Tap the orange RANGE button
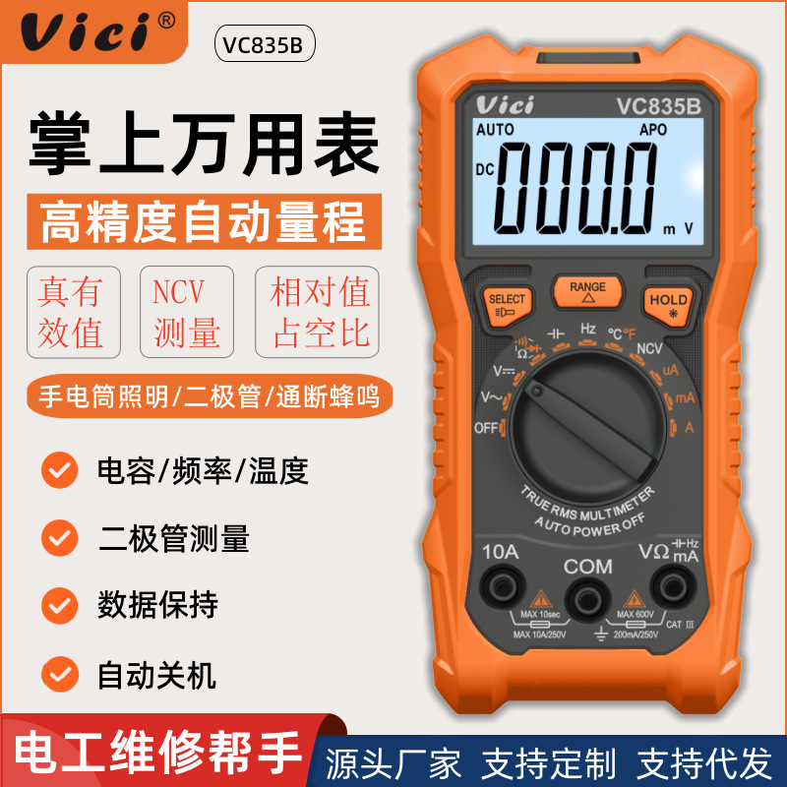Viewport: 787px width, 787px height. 587,291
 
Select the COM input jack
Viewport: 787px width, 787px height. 588,594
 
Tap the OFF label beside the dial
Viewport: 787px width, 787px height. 486,428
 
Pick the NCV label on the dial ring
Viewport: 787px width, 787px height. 649,347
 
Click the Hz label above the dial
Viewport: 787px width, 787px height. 588,329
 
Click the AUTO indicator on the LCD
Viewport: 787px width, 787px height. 495,130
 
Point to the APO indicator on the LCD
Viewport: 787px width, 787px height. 653,130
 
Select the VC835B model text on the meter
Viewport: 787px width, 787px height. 658,104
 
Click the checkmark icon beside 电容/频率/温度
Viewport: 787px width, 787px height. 60,470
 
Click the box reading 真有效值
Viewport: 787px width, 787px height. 72,312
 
